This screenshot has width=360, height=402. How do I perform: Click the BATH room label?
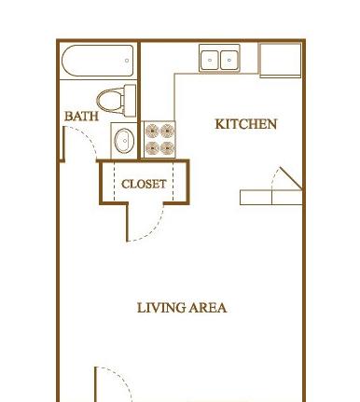[x=81, y=117]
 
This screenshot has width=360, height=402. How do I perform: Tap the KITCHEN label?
[x=246, y=124]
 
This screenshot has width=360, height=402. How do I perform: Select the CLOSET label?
[x=144, y=184]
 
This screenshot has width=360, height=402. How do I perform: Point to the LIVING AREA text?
[x=182, y=308]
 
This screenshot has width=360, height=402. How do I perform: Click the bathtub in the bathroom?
[x=98, y=61]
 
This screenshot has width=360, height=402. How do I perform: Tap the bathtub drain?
[x=127, y=61]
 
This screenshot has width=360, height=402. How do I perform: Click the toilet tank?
[x=130, y=101]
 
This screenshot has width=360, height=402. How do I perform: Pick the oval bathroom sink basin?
[x=124, y=141]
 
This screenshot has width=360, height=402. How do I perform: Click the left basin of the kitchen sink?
[x=209, y=61]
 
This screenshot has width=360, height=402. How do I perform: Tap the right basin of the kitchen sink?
[x=229, y=61]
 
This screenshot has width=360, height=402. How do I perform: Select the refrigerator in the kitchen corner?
[x=281, y=61]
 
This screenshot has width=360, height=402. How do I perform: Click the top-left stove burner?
[x=152, y=131]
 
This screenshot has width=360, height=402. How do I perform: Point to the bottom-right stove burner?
[x=167, y=147]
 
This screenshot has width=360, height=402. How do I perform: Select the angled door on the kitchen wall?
[x=291, y=178]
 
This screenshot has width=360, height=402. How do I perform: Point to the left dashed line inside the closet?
[x=114, y=182]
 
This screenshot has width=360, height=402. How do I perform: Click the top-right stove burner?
[x=167, y=131]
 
